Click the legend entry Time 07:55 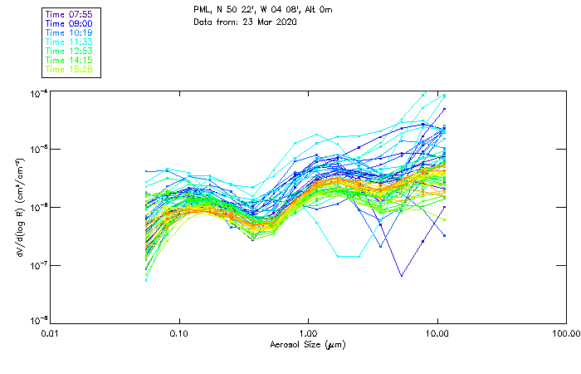click(70, 15)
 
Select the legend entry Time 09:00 click(70, 24)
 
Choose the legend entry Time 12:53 click(70, 52)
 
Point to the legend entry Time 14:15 click(70, 61)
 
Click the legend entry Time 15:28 click(70, 70)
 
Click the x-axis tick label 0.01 click(51, 333)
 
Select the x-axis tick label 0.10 click(179, 333)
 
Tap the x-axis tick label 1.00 click(309, 333)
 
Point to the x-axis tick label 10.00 click(437, 333)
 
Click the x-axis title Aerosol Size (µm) click(308, 344)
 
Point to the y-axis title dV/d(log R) click(18, 207)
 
